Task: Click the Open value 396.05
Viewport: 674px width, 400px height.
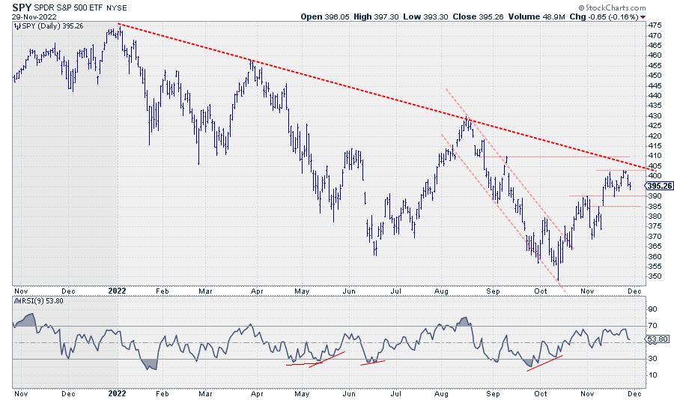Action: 337,16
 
